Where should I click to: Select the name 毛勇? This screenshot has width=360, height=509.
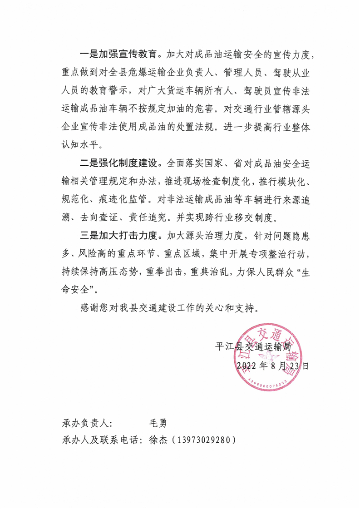(158, 423)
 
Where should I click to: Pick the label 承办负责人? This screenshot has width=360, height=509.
(86, 423)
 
